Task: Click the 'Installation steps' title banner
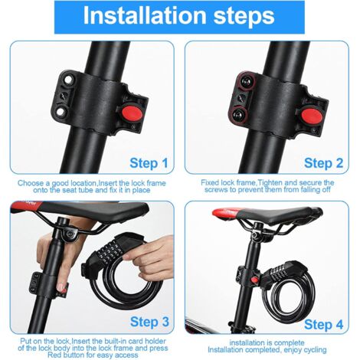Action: click(x=179, y=17)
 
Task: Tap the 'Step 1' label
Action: click(x=149, y=163)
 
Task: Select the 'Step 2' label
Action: click(x=324, y=163)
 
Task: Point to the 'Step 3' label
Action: click(x=149, y=322)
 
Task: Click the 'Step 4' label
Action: click(x=324, y=325)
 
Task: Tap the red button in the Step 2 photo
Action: click(x=312, y=116)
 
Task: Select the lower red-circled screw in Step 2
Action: click(x=240, y=115)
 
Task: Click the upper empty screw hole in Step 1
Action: click(x=67, y=80)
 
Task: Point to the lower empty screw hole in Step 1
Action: click(x=61, y=112)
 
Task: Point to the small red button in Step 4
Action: click(x=254, y=280)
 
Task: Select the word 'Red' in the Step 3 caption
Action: click(x=54, y=355)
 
